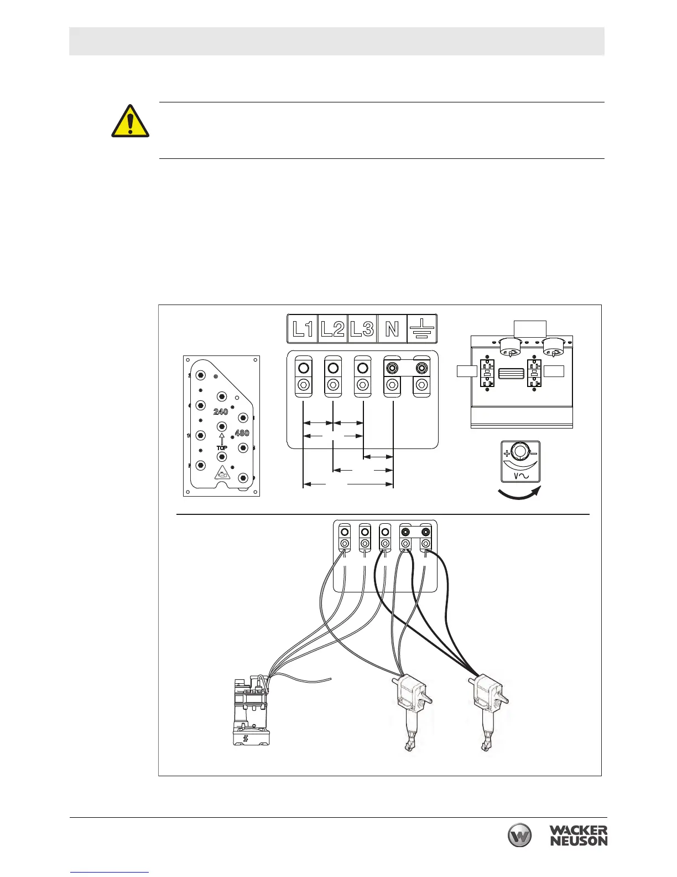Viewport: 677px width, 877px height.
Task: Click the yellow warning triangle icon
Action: click(131, 121)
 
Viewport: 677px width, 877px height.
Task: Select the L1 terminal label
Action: click(303, 329)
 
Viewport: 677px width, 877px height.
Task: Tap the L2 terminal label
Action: click(332, 329)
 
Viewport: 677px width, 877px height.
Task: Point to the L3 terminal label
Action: click(362, 329)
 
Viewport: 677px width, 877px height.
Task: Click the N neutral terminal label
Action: click(392, 329)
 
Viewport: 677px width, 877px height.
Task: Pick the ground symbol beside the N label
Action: click(422, 329)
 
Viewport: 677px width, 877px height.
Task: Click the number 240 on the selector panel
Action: click(221, 412)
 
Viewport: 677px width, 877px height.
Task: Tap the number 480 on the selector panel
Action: click(242, 433)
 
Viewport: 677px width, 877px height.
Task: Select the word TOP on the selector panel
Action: click(221, 447)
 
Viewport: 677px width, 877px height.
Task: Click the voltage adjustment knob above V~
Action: click(520, 452)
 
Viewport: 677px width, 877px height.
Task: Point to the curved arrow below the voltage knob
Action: click(520, 494)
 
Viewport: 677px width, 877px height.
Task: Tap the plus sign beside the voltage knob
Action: click(507, 452)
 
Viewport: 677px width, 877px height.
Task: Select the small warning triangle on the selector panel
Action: click(222, 473)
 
